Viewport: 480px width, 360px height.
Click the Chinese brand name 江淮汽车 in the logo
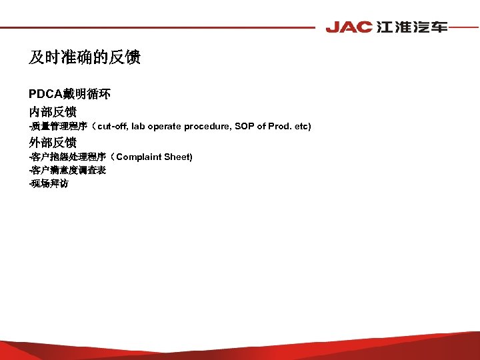click(411, 27)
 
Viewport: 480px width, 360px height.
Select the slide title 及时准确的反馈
click(85, 58)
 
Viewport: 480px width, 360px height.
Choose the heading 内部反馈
click(52, 111)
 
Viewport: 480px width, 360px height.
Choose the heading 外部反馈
click(52, 142)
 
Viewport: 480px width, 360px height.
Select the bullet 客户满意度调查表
click(68, 170)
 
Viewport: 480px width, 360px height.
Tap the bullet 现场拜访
click(49, 183)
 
